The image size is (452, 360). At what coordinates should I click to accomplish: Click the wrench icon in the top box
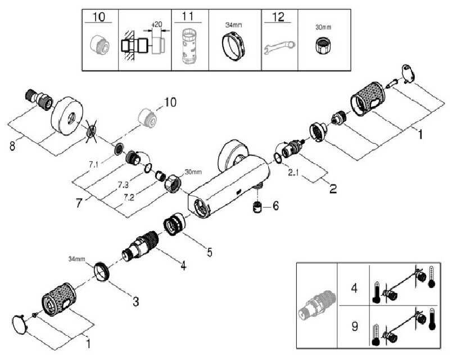tap(278, 49)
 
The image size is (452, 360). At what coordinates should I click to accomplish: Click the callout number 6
tap(275, 206)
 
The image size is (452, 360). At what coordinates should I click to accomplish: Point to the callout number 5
tap(209, 253)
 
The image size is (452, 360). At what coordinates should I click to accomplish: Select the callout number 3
tap(135, 301)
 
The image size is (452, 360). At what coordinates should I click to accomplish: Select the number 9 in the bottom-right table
tap(354, 325)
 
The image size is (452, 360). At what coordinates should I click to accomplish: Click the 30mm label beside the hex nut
tap(192, 172)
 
